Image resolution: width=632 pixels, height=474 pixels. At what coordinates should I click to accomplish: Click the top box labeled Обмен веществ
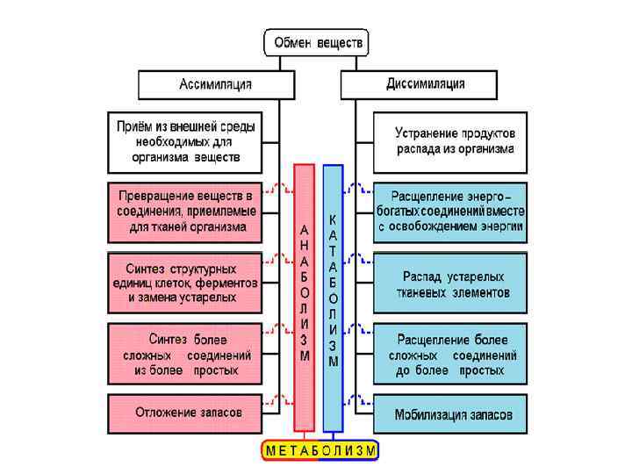[316, 42]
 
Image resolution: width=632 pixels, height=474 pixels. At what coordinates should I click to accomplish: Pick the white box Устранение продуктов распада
[450, 141]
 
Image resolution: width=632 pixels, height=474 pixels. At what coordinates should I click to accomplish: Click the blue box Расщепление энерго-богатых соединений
[450, 212]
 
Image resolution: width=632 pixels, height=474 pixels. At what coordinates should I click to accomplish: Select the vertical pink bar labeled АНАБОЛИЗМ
[304, 298]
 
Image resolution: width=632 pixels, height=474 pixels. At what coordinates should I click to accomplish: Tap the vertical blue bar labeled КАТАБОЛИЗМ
[333, 298]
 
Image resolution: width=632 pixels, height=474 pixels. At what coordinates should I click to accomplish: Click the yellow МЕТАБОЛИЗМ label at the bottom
[320, 450]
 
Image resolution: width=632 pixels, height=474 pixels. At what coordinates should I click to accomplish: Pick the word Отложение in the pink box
[163, 412]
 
